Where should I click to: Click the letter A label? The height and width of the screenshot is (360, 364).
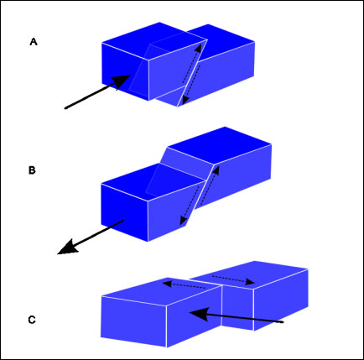tap(34, 42)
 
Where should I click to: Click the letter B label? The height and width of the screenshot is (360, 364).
tap(32, 170)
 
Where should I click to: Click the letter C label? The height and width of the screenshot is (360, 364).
tap(32, 320)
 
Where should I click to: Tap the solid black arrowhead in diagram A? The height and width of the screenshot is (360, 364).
tap(122, 81)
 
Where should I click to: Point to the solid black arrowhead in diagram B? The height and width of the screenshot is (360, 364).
tap(67, 248)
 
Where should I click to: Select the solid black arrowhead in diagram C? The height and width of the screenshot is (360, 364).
tap(200, 314)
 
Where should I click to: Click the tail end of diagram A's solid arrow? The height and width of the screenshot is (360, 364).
tap(65, 108)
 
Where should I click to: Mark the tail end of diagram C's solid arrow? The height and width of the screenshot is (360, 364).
tap(283, 322)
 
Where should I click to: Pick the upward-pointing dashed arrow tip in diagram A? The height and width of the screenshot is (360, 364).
tap(199, 48)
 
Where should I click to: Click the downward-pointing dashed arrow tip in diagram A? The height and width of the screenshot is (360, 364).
tap(184, 102)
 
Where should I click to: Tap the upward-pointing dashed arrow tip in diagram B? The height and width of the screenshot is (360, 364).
tap(216, 169)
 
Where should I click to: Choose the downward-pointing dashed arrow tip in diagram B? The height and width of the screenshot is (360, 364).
tap(182, 222)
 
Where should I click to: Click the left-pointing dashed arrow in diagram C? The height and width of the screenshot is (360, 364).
tap(185, 285)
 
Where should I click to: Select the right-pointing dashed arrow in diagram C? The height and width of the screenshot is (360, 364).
tap(233, 279)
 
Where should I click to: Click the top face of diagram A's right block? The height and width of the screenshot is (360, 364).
tap(221, 41)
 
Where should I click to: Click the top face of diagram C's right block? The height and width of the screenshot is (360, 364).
tap(249, 275)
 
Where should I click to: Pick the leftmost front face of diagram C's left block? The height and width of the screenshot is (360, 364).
tap(134, 321)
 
